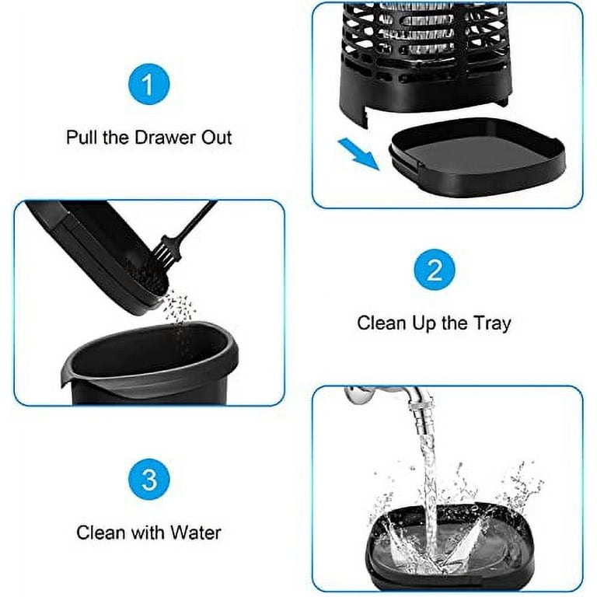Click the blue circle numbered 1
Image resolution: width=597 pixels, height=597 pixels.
pyautogui.click(x=148, y=84)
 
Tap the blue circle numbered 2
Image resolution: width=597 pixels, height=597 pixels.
pyautogui.click(x=434, y=270)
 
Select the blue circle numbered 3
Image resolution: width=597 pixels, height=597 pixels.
pyautogui.click(x=149, y=480)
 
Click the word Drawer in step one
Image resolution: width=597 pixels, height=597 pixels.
pyautogui.click(x=166, y=138)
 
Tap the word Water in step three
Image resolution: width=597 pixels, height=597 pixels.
pyautogui.click(x=195, y=532)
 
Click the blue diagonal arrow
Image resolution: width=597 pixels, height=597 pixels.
pyautogui.click(x=358, y=154)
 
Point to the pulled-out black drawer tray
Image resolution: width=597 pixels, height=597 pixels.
pyautogui.click(x=477, y=158)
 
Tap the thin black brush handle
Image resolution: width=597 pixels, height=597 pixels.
pyautogui.click(x=197, y=221)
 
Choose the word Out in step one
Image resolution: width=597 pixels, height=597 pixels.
pyautogui.click(x=216, y=138)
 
